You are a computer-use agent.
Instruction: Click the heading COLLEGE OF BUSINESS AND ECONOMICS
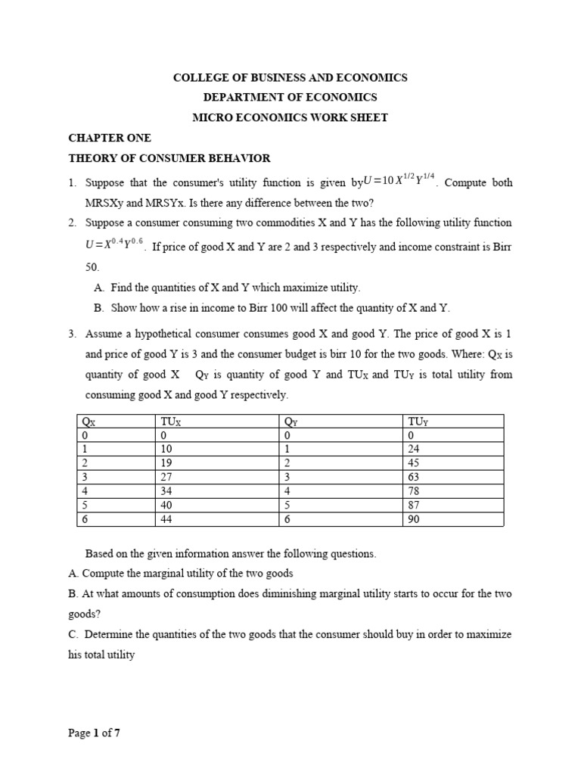[x=290, y=78]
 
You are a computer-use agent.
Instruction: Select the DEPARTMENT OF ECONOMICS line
[x=290, y=98]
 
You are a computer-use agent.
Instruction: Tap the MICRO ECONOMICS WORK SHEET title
[x=290, y=117]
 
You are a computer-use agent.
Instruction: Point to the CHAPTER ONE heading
[x=110, y=138]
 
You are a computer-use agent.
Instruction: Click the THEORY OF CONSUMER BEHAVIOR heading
[x=169, y=157]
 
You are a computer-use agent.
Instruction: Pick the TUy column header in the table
[x=416, y=422]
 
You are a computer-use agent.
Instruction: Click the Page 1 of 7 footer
[x=95, y=733]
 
